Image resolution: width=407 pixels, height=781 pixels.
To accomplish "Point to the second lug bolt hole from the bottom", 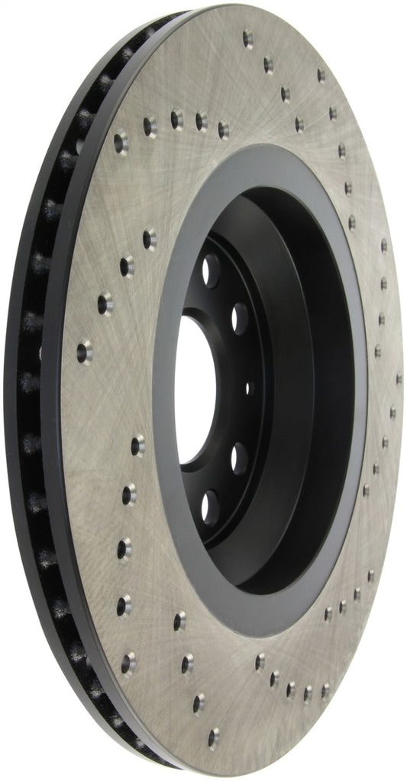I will pos(240,459).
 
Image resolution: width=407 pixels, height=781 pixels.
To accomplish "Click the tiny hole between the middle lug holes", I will pos(247,387).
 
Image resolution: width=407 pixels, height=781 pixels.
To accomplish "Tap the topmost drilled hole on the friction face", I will pos(248,36).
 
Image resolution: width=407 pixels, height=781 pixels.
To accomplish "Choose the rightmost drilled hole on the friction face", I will pos(399,378).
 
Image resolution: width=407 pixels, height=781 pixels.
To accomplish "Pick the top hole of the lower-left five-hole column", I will pos(137,445).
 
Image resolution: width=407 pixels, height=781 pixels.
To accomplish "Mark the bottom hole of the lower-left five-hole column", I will pos(128,662).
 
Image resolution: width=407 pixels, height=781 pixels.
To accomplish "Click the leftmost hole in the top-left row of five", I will pos(121,140).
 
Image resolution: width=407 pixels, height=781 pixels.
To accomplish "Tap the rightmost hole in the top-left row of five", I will pos(224,129).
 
